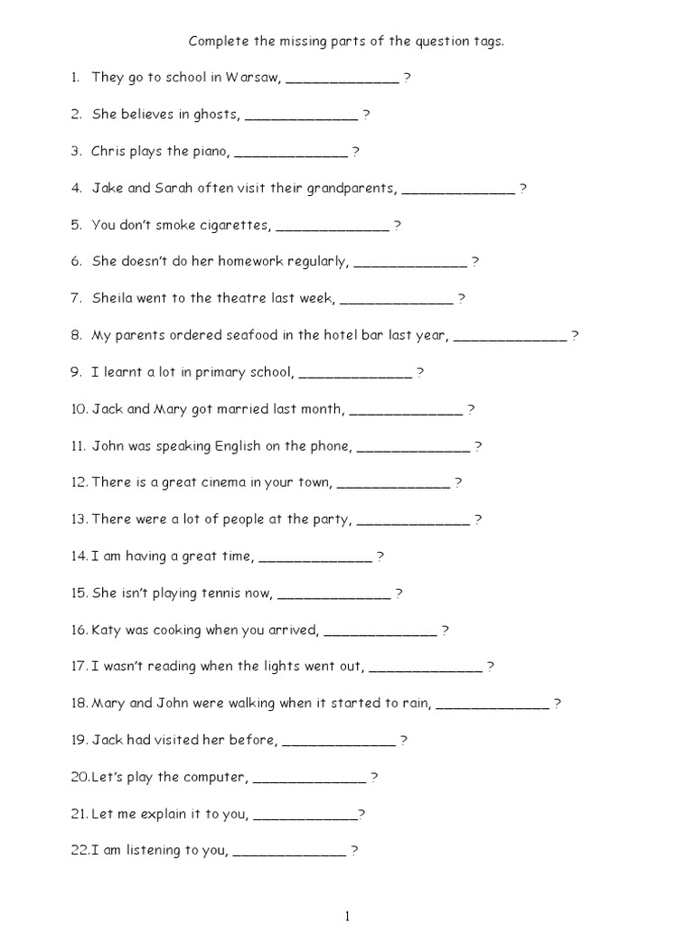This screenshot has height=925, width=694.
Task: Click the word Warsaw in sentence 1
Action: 258,78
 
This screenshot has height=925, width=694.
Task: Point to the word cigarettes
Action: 236,225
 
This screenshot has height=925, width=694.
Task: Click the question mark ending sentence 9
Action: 420,372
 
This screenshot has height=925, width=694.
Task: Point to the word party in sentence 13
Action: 333,519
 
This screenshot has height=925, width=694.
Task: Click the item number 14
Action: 80,556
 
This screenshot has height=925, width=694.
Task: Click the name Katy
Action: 107,630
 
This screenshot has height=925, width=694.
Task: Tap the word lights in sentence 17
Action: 287,667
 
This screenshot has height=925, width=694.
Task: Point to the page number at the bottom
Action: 347,917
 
